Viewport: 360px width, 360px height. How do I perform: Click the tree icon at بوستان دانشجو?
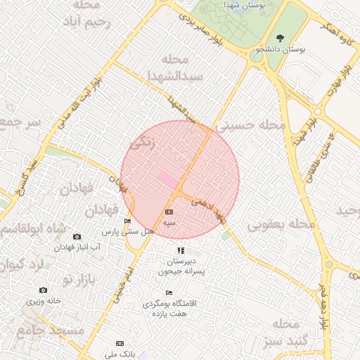281,38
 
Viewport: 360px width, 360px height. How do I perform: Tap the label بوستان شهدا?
228,6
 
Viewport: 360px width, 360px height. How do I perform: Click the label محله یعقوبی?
281,224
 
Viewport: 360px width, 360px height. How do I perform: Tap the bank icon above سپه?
168,212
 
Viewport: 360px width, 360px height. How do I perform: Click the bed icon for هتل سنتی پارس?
127,221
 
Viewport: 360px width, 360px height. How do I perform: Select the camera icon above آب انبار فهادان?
77,236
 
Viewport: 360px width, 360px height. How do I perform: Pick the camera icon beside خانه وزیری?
44,290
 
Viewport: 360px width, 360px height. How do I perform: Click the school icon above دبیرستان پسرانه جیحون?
181,250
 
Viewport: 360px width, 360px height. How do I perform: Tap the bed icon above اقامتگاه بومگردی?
168,292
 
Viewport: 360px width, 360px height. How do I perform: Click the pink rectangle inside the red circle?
167,179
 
